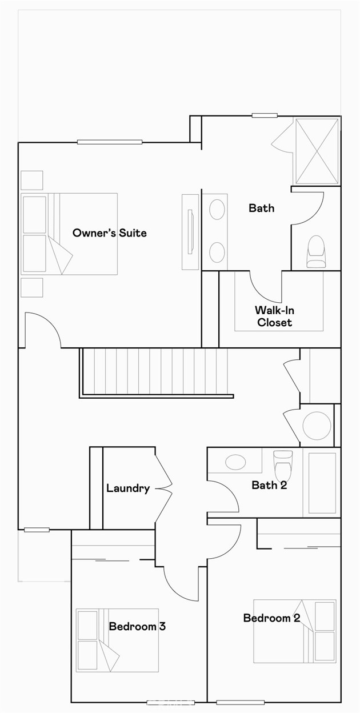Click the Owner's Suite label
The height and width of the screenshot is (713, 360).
coord(110,233)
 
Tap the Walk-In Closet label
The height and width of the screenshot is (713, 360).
coord(274,316)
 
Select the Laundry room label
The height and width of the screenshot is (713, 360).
coord(128,488)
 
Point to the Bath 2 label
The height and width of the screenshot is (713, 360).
coord(269,485)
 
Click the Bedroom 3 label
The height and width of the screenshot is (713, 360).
coord(137,626)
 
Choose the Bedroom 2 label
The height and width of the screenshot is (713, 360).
coord(271,618)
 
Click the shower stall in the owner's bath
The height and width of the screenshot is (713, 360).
coord(317,151)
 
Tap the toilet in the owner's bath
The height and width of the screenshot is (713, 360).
coord(316,251)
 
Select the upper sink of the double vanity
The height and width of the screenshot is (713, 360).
coord(217,210)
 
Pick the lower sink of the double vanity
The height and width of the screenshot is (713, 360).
coord(217,252)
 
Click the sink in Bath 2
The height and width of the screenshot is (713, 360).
coord(235,462)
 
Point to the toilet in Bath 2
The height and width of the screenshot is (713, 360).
coord(283,466)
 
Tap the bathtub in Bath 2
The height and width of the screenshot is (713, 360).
coord(322,483)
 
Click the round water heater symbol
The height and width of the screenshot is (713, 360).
coord(317,426)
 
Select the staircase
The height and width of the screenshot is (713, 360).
coord(156,372)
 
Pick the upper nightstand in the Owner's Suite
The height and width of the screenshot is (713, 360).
coord(32,181)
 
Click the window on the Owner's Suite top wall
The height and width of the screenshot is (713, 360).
coord(110,142)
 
